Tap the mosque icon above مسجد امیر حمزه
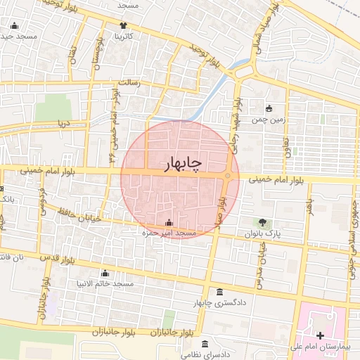[168, 223]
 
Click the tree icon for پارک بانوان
[263, 222]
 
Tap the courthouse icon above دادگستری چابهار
[220, 292]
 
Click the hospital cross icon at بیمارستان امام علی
[321, 335]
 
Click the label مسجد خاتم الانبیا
[105, 284]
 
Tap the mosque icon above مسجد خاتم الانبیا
[105, 274]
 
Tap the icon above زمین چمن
[269, 108]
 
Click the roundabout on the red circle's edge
[229, 176]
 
